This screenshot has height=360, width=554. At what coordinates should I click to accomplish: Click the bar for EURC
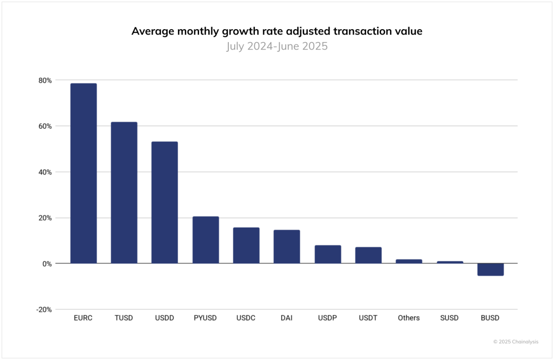click(x=83, y=173)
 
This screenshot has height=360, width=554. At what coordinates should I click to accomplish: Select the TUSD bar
click(x=124, y=192)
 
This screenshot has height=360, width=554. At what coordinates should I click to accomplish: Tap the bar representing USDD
click(x=164, y=202)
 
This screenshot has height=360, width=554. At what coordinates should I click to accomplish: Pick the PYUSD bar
click(x=206, y=240)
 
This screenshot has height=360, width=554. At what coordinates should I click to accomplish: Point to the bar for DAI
click(x=287, y=246)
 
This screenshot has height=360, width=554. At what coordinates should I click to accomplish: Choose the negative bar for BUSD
click(x=490, y=269)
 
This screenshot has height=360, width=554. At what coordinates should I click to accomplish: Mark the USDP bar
click(x=328, y=254)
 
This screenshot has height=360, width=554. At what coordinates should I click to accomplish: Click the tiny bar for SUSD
click(x=450, y=262)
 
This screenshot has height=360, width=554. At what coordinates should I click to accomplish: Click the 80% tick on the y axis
click(x=45, y=81)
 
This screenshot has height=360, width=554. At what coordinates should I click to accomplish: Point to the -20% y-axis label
click(x=44, y=310)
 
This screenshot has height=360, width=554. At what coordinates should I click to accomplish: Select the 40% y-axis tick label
click(x=45, y=172)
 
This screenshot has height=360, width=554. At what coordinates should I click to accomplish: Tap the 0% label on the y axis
click(x=47, y=264)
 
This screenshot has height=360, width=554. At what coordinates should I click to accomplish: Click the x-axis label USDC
click(x=247, y=318)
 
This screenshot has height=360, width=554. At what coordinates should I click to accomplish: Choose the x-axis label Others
click(x=408, y=318)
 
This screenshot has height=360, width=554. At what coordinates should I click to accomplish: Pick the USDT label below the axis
click(x=368, y=318)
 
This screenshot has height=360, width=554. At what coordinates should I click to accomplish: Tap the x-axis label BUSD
click(x=490, y=318)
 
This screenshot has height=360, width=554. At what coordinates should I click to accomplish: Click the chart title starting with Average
click(x=276, y=31)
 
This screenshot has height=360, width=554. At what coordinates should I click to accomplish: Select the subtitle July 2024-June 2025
click(x=276, y=46)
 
